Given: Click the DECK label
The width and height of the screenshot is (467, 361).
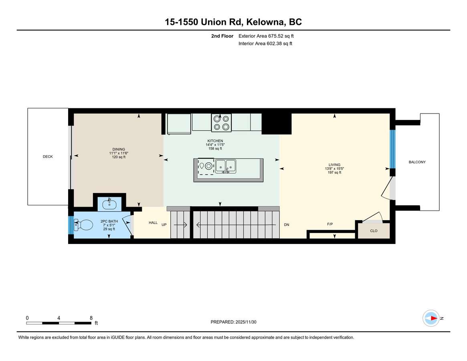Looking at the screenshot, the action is [48, 156].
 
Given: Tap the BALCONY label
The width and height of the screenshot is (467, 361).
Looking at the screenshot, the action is [417, 162].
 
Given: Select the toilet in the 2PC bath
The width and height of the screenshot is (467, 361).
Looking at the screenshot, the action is [83, 225].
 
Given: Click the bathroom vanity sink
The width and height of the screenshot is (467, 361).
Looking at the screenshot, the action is [109, 205].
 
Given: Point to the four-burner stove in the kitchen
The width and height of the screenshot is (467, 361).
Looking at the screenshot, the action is [221, 122].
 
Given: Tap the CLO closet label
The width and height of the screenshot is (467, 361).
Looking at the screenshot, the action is [374, 231].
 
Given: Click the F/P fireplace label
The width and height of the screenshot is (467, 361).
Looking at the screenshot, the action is [330, 224].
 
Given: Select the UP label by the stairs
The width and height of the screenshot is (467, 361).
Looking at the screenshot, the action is [164, 225].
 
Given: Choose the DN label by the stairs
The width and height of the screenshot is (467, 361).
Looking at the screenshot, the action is [287, 225].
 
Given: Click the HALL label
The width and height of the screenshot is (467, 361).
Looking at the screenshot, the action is [153, 223].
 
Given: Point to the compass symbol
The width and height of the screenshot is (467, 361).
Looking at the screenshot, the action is [431, 318].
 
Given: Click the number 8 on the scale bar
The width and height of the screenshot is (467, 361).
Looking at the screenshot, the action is [91, 318].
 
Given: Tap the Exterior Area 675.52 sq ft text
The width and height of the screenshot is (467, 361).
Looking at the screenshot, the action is [266, 36].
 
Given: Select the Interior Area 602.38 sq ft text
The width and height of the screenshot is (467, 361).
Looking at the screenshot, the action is [265, 44].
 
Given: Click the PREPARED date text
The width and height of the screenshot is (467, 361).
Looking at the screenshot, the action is [233, 322].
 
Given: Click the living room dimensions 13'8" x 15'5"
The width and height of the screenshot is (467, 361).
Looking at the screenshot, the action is [334, 168].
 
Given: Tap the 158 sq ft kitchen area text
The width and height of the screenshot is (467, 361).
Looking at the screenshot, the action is [215, 148].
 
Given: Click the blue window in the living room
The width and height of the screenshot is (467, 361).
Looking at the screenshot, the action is [392, 149].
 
